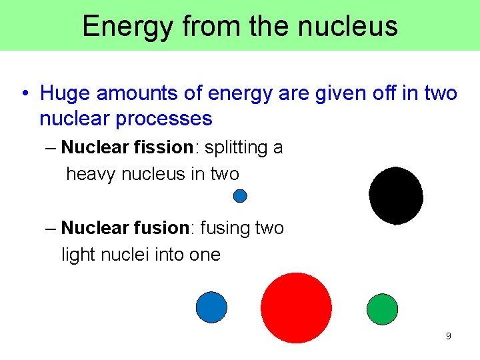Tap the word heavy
pyautogui.click(x=89, y=174)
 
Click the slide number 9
pyautogui.click(x=448, y=336)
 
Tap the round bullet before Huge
pyautogui.click(x=24, y=93)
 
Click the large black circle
pyautogui.click(x=396, y=195)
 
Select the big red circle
pyautogui.click(x=296, y=308)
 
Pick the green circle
pyautogui.click(x=382, y=309)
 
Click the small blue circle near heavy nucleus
pyautogui.click(x=241, y=196)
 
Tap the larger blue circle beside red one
pyautogui.click(x=211, y=307)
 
